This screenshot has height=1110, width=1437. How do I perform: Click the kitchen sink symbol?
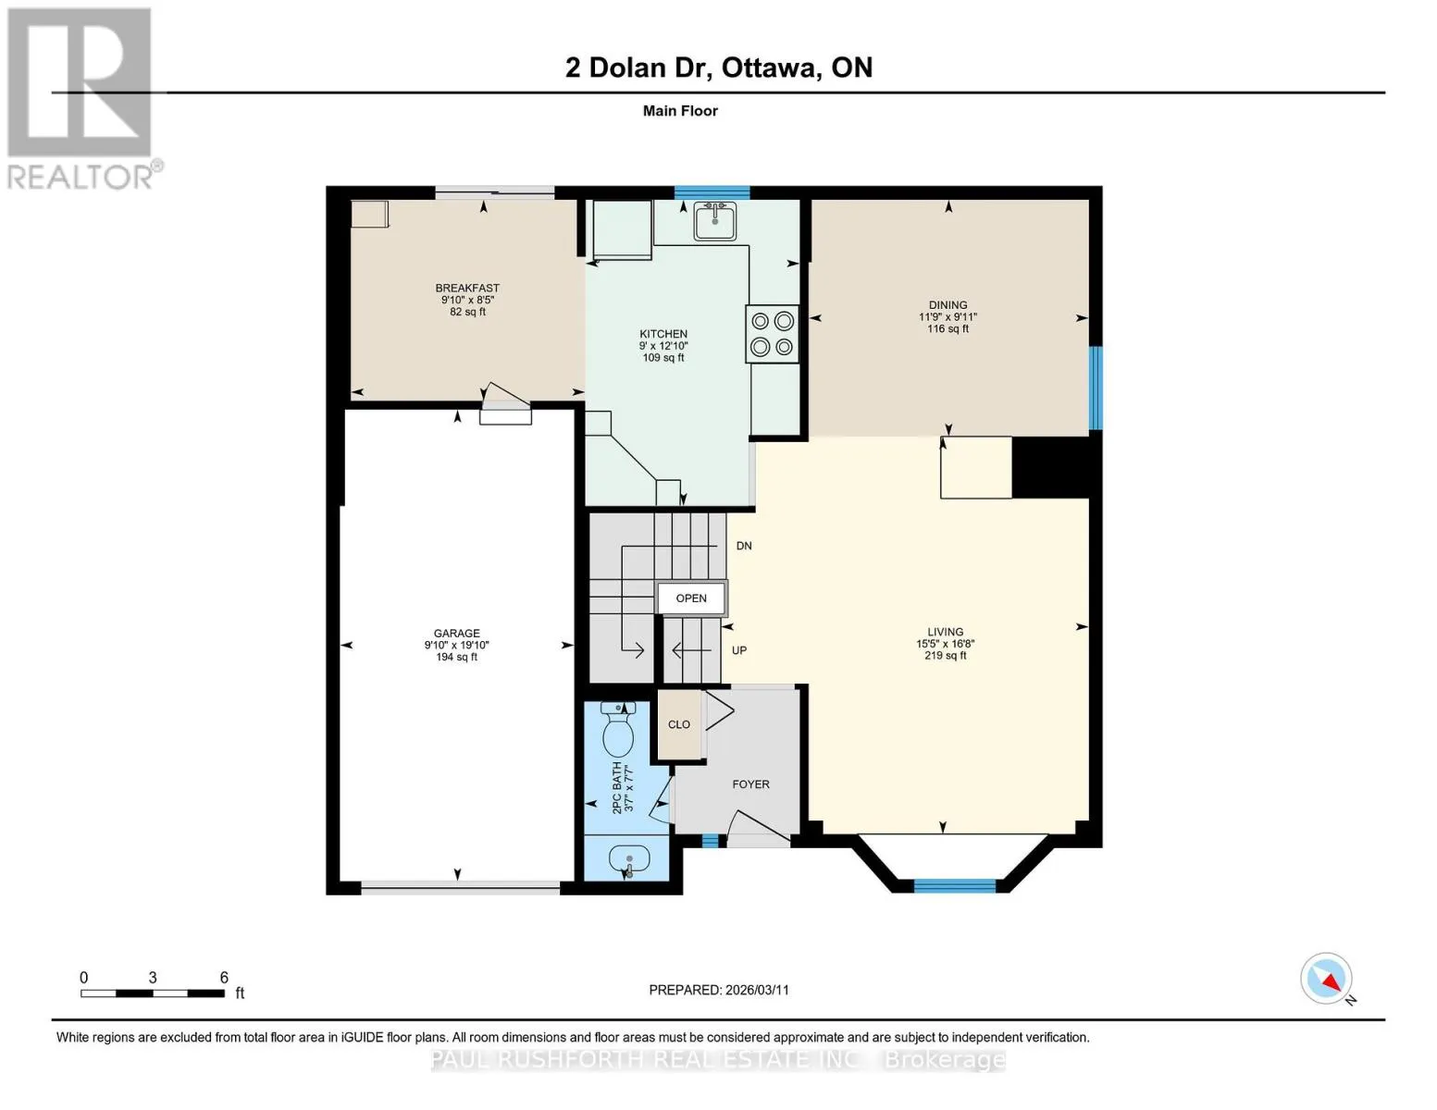(714, 221)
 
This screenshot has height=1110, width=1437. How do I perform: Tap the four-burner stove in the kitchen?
(772, 334)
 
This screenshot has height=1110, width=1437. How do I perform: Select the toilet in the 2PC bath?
(618, 730)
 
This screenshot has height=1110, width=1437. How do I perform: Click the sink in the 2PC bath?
(628, 862)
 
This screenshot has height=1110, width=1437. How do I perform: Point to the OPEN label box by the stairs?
(691, 598)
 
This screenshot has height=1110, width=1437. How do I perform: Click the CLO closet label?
(678, 724)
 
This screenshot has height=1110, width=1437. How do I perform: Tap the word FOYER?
(750, 784)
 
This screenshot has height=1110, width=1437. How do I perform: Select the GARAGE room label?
(456, 633)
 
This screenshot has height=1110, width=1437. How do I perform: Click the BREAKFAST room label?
(467, 288)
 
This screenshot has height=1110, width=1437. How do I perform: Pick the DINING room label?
(948, 304)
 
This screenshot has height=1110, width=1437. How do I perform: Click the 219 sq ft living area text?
(945, 655)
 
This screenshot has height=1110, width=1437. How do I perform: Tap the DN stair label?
(744, 546)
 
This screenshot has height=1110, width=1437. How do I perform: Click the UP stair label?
(739, 650)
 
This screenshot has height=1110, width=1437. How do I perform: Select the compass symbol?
(1326, 979)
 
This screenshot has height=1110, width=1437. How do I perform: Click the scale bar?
(153, 993)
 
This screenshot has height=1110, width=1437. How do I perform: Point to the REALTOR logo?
(81, 99)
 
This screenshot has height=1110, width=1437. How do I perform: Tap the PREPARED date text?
(719, 990)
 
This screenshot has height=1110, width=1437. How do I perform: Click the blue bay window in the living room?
(954, 886)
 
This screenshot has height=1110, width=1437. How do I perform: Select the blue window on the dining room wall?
(1096, 388)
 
